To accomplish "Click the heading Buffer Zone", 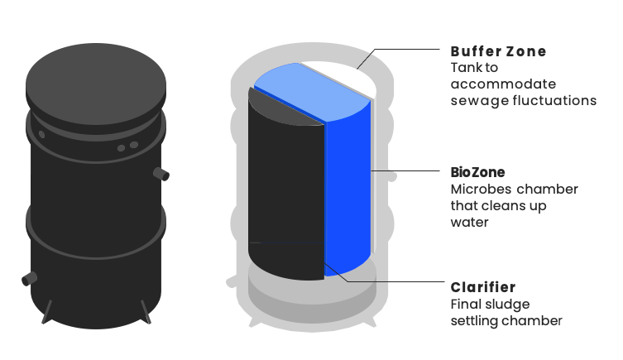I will pos(498,51).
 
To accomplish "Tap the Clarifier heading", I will pos(483,287).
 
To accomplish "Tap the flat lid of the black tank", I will pos(96,80).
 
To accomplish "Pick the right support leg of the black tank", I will pos(147,310).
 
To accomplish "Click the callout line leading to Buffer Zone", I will pos(397,51).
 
